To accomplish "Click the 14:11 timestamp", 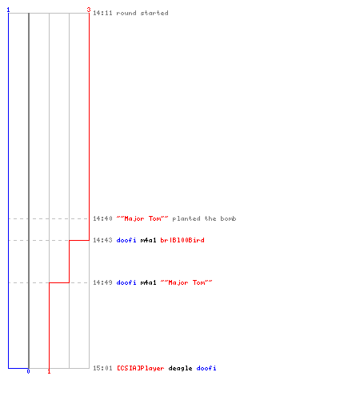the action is click(x=102, y=13).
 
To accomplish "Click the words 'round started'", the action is click(x=142, y=13).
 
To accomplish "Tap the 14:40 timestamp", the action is click(x=102, y=218).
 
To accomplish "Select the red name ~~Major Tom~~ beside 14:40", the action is click(x=142, y=218).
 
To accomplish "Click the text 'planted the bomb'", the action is click(x=204, y=218).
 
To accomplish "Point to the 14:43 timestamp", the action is click(x=102, y=240).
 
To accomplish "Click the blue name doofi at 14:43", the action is click(x=126, y=240).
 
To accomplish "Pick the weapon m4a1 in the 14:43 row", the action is click(x=148, y=240).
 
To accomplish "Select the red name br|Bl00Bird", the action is click(x=182, y=240).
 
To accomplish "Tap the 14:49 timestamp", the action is click(x=102, y=282).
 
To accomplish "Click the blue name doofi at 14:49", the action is click(x=126, y=282).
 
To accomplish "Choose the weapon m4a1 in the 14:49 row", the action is click(x=148, y=282).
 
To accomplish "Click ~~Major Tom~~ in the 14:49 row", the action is click(x=186, y=282).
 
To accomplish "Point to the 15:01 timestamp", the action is click(x=102, y=368).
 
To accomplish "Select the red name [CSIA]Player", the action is click(x=141, y=368).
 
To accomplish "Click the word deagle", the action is click(x=180, y=369).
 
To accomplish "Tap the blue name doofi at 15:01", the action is click(x=206, y=368).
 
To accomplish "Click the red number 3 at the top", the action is click(x=89, y=10).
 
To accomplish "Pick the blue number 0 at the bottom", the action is click(x=28, y=371).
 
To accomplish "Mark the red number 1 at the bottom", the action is click(x=49, y=371).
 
